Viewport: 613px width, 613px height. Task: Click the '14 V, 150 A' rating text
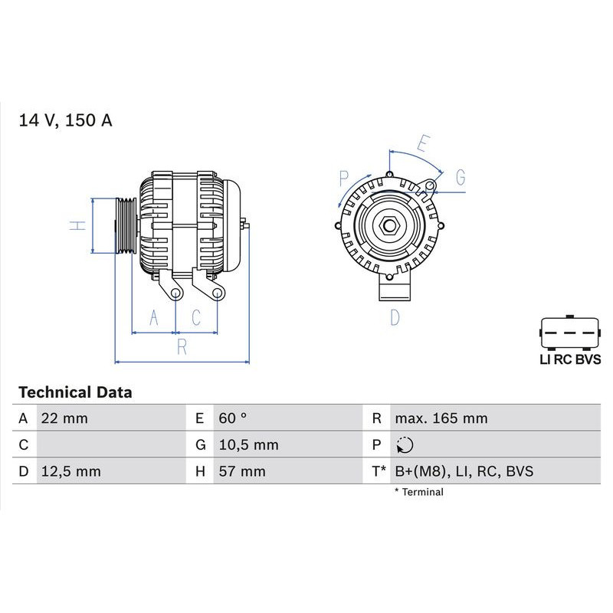(x=65, y=120)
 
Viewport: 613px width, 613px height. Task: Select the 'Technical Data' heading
(x=75, y=392)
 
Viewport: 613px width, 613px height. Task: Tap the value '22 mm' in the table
(x=65, y=418)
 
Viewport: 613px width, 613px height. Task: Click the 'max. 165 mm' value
(x=441, y=418)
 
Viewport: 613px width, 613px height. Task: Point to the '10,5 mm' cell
(x=247, y=444)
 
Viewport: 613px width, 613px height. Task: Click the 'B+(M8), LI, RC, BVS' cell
(x=464, y=471)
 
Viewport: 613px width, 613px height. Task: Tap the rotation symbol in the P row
(x=405, y=445)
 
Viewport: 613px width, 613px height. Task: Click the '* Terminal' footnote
(x=418, y=492)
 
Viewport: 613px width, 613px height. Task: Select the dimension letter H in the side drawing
(x=76, y=225)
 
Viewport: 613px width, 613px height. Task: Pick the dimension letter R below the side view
(x=182, y=346)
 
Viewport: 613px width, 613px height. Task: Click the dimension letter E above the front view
(x=422, y=143)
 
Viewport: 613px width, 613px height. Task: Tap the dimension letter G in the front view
(x=460, y=178)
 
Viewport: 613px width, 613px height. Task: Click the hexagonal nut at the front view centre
(x=389, y=228)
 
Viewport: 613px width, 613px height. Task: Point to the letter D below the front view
(x=395, y=317)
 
